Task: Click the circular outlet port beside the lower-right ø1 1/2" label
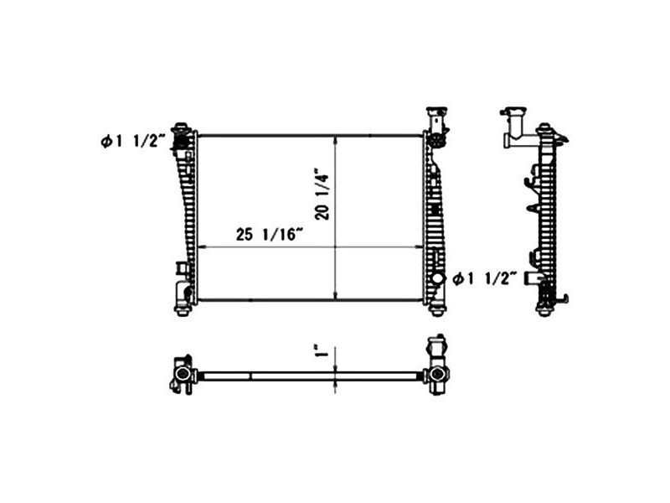[x=438, y=279]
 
